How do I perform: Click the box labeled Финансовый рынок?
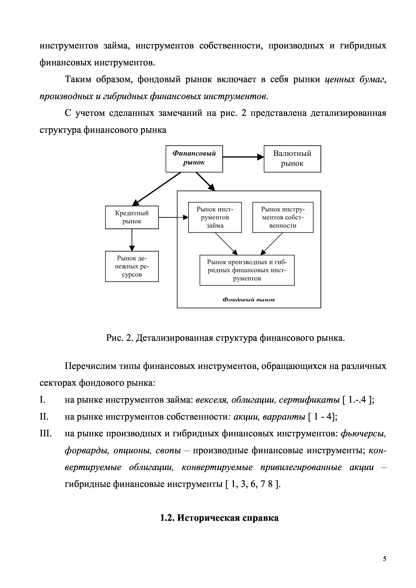pos(194,159)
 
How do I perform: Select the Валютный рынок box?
pos(292,159)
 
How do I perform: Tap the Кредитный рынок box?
pos(132,217)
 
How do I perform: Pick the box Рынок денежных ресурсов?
pos(132,266)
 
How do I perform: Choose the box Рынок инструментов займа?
pos(215,217)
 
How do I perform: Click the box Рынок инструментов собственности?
pos(283,217)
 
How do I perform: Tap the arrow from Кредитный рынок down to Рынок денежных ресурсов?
pos(132,240)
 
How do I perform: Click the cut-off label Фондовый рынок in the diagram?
pos(249,300)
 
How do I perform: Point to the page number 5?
pos(384,559)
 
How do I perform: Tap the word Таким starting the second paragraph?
pos(78,80)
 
